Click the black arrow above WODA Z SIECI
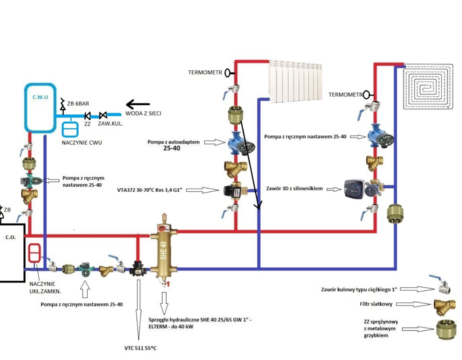tap(137, 105)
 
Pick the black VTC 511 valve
tap(137, 269)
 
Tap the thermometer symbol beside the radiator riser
tap(229, 72)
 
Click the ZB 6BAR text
tap(77, 103)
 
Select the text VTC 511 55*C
tap(140, 348)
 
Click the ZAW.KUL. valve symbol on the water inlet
tap(103, 115)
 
